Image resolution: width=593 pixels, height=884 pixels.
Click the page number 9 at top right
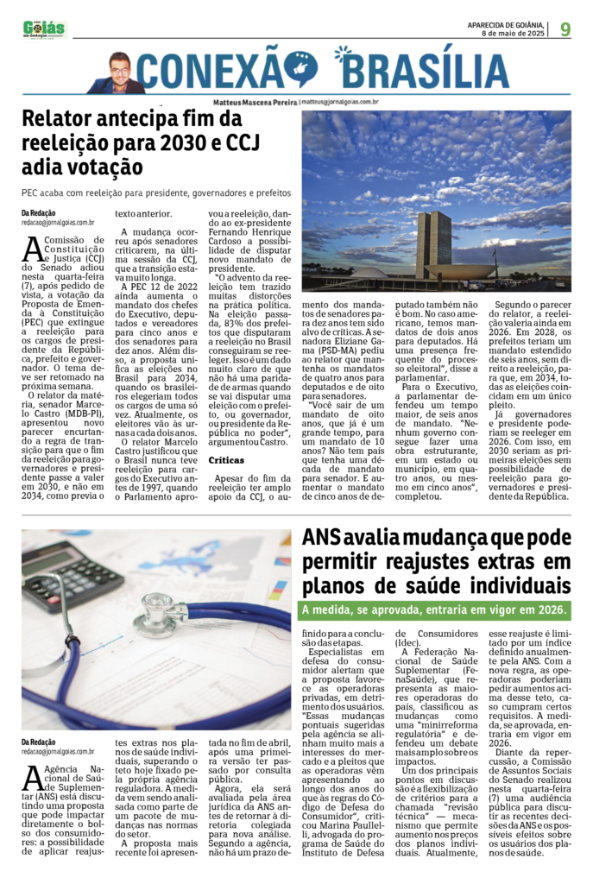(x=565, y=29)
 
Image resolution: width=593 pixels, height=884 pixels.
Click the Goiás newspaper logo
(x=44, y=29)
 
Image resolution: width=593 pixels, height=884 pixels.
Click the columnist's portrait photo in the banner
(x=117, y=74)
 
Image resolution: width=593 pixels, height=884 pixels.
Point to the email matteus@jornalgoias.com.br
(x=340, y=102)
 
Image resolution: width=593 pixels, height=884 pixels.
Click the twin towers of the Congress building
(x=433, y=244)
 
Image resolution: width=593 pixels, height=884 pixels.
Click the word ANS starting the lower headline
(x=321, y=540)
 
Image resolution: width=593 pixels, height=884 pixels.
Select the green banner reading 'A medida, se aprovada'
(x=434, y=609)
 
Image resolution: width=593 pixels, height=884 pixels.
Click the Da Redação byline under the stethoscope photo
(x=38, y=742)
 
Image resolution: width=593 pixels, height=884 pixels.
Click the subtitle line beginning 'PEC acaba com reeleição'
(x=156, y=193)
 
